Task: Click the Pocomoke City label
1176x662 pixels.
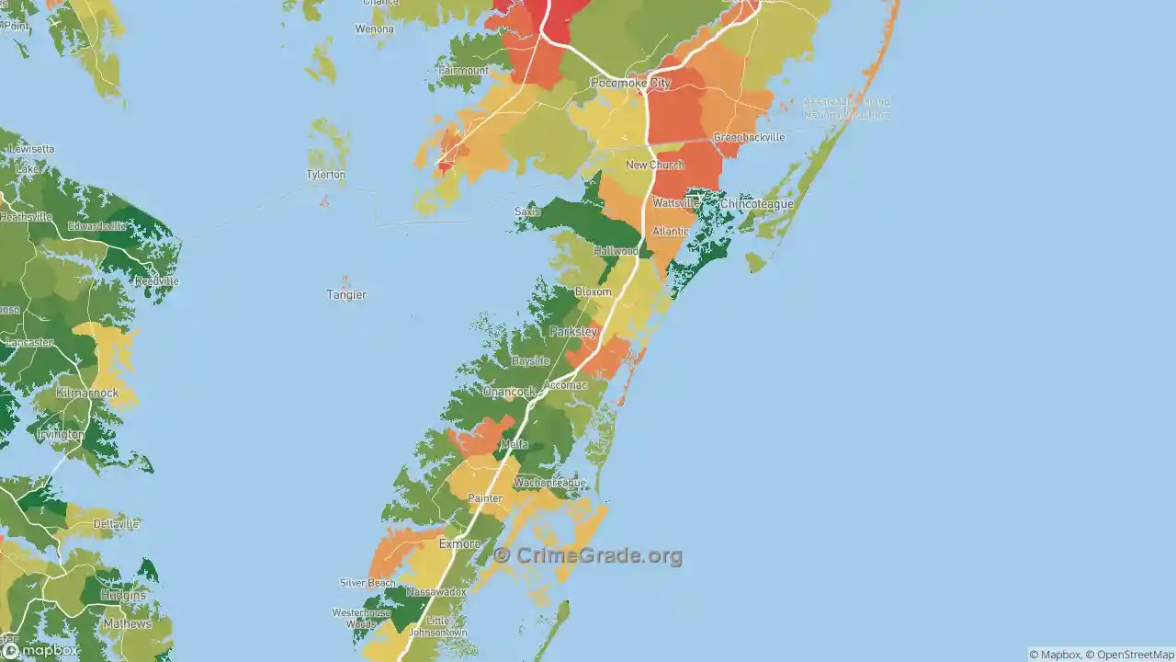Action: pyautogui.click(x=630, y=83)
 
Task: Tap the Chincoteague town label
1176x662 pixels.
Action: pyautogui.click(x=756, y=203)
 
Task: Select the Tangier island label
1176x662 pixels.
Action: pyautogui.click(x=346, y=294)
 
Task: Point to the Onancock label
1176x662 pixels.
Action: pyautogui.click(x=509, y=392)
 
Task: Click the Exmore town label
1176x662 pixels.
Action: pyautogui.click(x=459, y=544)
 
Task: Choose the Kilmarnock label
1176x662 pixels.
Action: pyautogui.click(x=87, y=393)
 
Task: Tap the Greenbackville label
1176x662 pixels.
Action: pyautogui.click(x=749, y=137)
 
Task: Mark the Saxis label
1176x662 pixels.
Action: pyautogui.click(x=527, y=211)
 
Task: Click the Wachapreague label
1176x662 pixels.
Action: pyautogui.click(x=549, y=483)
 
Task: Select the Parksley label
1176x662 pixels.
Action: pyautogui.click(x=573, y=331)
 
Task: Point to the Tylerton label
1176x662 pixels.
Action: pyautogui.click(x=326, y=175)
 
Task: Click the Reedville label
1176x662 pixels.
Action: pyautogui.click(x=155, y=281)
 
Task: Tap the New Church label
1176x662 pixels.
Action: pyautogui.click(x=654, y=165)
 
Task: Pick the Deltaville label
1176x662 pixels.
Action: pyautogui.click(x=116, y=524)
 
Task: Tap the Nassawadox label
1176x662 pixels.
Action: pyautogui.click(x=436, y=592)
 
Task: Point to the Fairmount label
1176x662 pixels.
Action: pyautogui.click(x=464, y=70)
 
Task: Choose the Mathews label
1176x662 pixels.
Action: pyautogui.click(x=127, y=623)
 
